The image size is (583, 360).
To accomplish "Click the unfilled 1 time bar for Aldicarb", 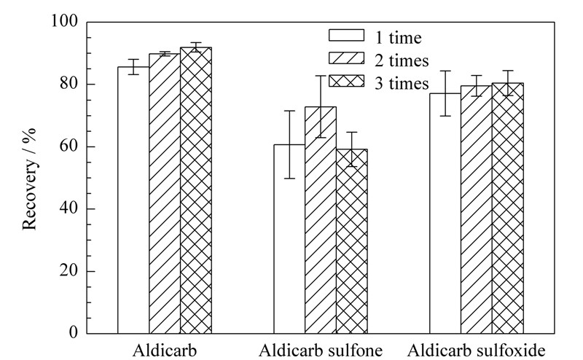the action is point(133,200).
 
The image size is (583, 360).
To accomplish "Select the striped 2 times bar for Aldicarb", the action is point(165,193).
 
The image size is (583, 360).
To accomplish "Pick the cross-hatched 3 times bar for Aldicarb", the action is point(196,190).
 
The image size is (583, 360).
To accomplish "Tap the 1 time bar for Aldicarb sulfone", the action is point(289,239).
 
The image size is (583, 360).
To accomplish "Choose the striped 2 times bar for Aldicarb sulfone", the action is point(321,220).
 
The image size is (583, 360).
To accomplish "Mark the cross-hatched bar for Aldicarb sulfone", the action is point(352,241).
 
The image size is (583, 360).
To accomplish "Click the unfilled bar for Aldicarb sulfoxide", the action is point(445,214).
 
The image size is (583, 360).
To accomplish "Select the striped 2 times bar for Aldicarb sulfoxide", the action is point(477,209).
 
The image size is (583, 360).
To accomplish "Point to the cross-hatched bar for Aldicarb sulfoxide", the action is point(508,208).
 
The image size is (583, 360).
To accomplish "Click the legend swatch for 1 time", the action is point(347,35).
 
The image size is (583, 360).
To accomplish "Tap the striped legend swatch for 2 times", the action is point(347,58).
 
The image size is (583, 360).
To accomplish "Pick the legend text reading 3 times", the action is point(402,83).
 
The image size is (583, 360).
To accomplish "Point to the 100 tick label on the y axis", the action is point(64,21).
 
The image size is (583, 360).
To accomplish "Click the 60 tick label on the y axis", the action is point(69,146).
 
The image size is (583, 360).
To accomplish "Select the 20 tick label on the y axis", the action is point(69,271).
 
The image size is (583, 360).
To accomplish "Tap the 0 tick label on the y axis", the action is point(74,332).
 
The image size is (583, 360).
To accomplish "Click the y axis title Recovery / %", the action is point(29,179).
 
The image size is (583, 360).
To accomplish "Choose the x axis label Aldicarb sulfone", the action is point(321,351).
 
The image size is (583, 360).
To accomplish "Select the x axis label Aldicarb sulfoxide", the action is point(477,351).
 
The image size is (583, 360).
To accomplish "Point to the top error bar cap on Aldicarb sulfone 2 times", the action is point(321,76).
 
